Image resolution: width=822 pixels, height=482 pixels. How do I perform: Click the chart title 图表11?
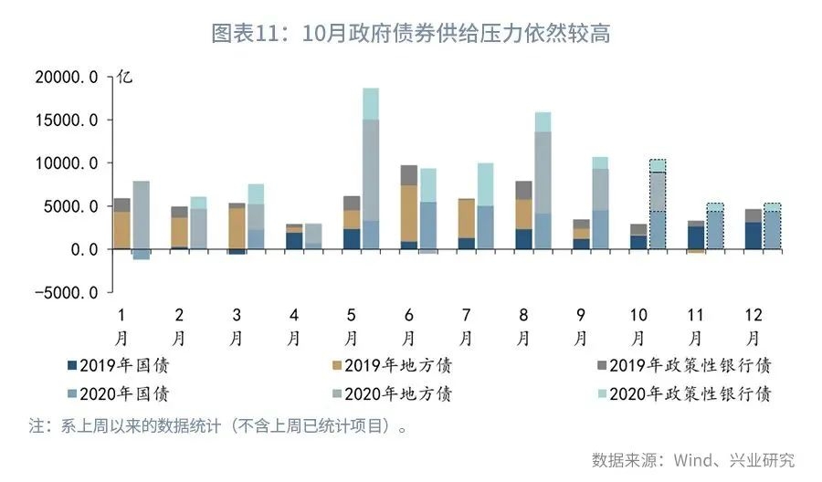pos(410,34)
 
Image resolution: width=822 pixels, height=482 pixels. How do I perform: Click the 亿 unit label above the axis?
pos(125,77)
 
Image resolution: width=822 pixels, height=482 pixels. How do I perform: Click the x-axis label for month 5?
pos(351,325)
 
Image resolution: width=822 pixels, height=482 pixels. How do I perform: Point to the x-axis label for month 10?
pos(638,325)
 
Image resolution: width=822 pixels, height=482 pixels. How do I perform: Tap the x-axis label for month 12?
pos(753,325)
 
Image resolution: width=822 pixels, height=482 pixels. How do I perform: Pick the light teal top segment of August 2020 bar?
pos(543,122)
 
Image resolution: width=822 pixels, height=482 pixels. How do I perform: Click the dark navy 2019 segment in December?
pos(753,236)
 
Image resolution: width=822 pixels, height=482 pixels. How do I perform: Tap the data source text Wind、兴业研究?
pos(693,459)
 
